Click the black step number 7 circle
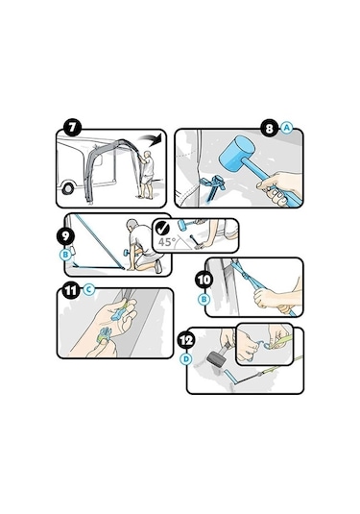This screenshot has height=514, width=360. (x=72, y=128)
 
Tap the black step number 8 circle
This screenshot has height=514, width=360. (x=269, y=128)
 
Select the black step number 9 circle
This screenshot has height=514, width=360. (x=65, y=236)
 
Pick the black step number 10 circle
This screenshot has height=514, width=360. (x=204, y=280)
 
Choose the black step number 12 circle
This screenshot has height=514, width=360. (x=186, y=340)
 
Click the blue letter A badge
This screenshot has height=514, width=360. (x=287, y=128)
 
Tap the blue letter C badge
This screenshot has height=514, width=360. (x=88, y=290)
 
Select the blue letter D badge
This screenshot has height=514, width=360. (x=185, y=359)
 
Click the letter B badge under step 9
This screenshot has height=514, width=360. (x=65, y=255)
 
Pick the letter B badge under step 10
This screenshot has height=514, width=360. (x=204, y=299)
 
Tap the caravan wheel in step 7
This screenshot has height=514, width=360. (x=68, y=189)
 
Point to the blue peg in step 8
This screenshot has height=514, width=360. (x=213, y=188)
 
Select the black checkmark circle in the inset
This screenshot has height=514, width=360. (x=162, y=228)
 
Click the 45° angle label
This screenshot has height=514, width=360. (x=167, y=242)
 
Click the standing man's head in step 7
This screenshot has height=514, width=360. (x=148, y=154)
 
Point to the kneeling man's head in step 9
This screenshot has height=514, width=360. (x=132, y=225)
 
